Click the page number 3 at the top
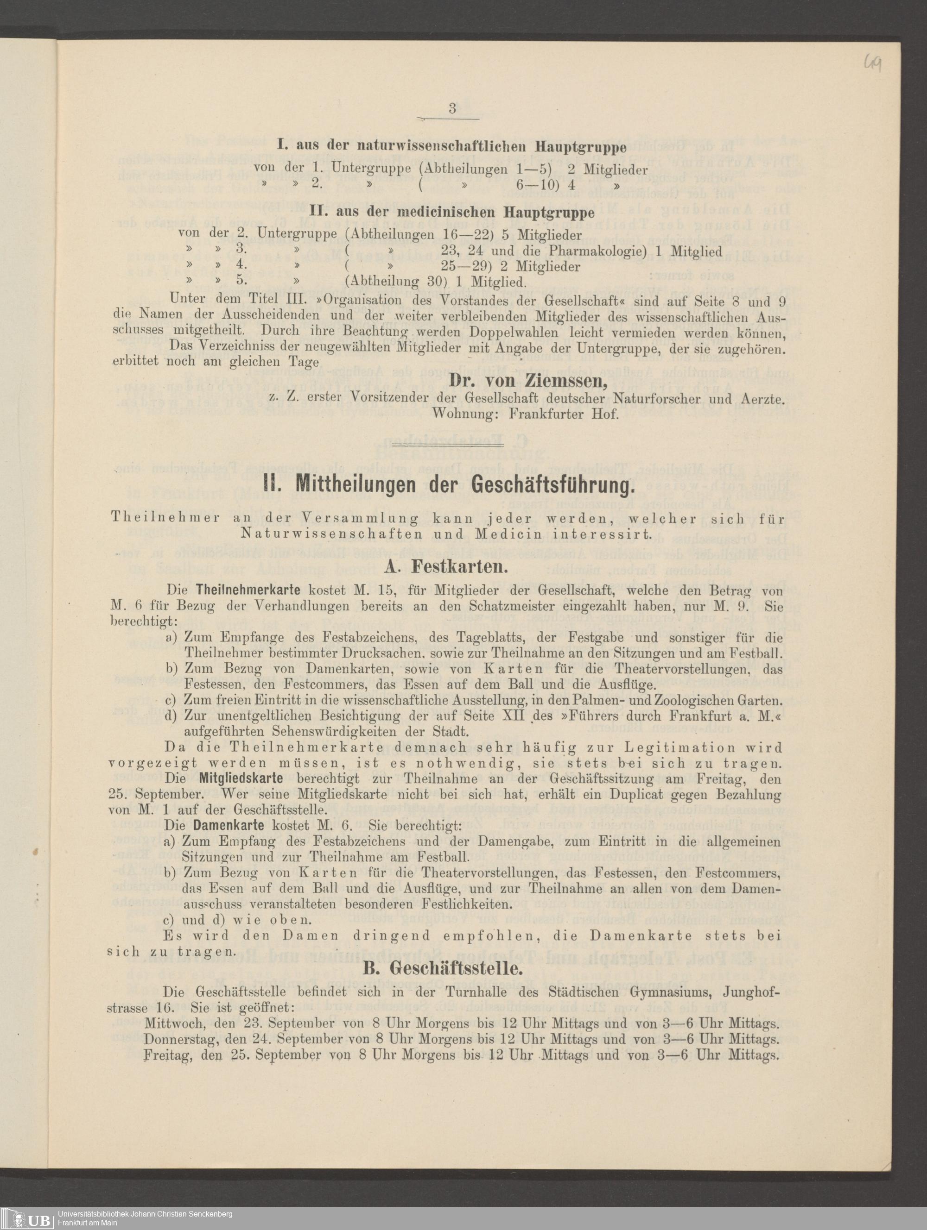452,108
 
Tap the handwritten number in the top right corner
872,67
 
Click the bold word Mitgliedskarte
241,778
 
